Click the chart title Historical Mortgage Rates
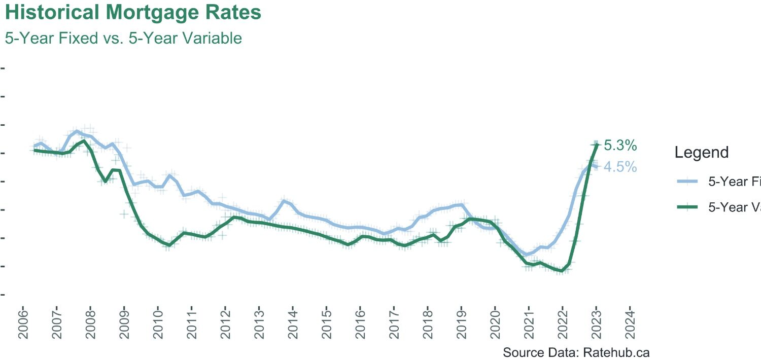(133, 13)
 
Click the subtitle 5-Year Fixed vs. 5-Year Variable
(123, 38)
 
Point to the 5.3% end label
(620, 146)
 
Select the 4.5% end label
(620, 167)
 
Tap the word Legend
(702, 152)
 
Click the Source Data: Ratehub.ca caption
(576, 352)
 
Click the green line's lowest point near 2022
(562, 271)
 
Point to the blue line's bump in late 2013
(284, 201)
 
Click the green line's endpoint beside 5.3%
(597, 145)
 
